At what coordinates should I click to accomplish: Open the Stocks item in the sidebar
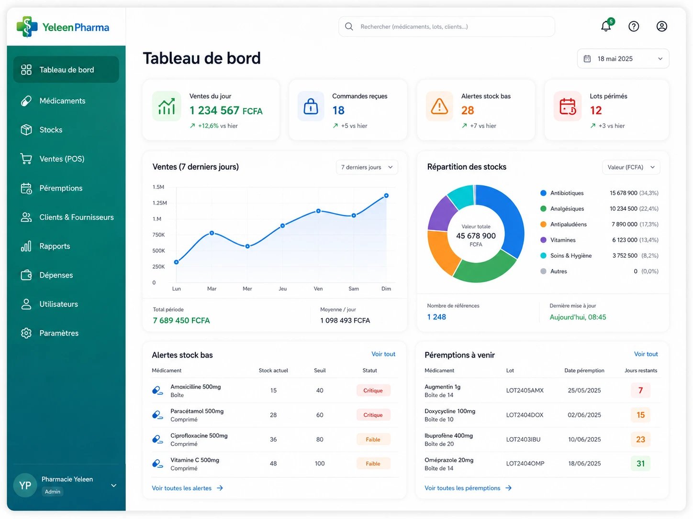click(x=51, y=130)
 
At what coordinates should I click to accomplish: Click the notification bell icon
click(x=605, y=26)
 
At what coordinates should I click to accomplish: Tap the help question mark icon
click(x=633, y=26)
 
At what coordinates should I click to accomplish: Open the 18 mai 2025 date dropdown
click(x=623, y=59)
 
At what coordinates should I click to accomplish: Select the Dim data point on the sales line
click(x=386, y=195)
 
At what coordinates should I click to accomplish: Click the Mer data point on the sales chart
click(x=247, y=246)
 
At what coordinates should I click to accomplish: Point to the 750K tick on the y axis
click(x=158, y=235)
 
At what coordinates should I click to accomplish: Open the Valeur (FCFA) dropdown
click(x=630, y=167)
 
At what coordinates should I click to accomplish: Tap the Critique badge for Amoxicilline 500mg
click(x=372, y=390)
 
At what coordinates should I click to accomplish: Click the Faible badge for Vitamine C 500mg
click(x=372, y=463)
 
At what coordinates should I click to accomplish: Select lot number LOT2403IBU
click(x=523, y=439)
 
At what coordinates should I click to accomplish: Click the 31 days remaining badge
click(x=640, y=463)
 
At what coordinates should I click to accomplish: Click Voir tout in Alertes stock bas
click(x=383, y=354)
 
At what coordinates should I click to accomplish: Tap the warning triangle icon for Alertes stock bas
click(x=439, y=106)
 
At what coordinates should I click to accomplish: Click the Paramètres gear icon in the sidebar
click(x=26, y=333)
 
